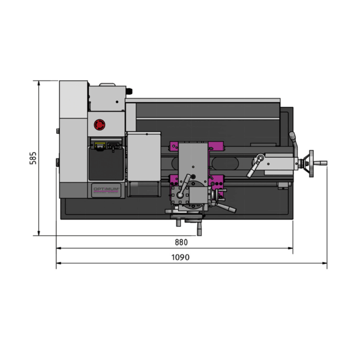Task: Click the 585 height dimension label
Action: pyautogui.click(x=33, y=158)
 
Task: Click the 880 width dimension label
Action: pyautogui.click(x=181, y=242)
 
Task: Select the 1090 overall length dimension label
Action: pyautogui.click(x=181, y=257)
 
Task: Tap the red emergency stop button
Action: pyautogui.click(x=100, y=125)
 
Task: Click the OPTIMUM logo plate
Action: pyautogui.click(x=106, y=190)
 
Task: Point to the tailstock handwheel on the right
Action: pyautogui.click(x=311, y=163)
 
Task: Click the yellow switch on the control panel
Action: pyautogui.click(x=100, y=146)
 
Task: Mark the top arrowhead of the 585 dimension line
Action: pyautogui.click(x=39, y=83)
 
